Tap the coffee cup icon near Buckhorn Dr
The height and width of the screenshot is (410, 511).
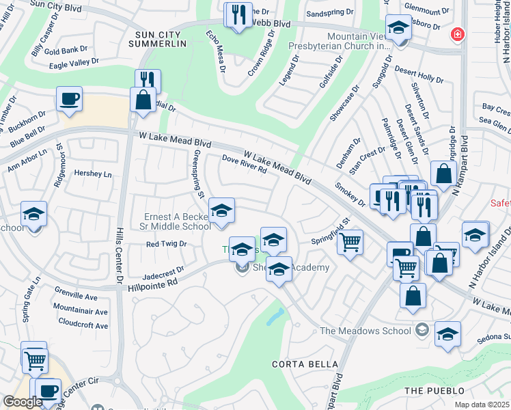click(x=69, y=99)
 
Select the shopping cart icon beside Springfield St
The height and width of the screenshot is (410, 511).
click(x=350, y=241)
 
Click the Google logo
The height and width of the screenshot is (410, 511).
click(x=23, y=402)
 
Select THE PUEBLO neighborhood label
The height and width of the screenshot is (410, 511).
click(x=428, y=390)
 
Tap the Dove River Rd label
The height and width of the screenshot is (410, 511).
click(x=244, y=164)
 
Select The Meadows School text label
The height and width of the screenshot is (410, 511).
click(x=365, y=331)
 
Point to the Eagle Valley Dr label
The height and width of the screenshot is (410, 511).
click(x=74, y=64)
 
